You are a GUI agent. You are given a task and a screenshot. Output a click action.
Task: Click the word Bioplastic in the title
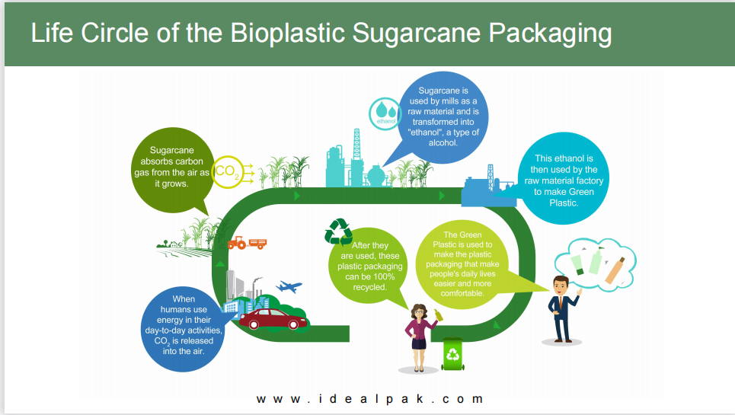tap(287, 34)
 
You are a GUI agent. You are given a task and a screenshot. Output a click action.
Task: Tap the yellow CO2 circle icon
tap(228, 172)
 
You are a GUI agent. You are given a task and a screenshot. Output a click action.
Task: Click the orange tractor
tap(247, 243)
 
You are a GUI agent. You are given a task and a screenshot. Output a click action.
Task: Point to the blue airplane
tap(289, 286)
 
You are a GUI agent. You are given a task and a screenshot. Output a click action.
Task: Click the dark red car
tap(273, 318)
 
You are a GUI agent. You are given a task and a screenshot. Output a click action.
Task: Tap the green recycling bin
tap(453, 353)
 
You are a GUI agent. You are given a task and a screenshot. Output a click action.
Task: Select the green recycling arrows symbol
tap(338, 231)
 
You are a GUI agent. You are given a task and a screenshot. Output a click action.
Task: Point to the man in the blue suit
tap(563, 309)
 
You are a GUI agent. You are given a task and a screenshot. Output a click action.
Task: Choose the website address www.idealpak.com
tap(369, 399)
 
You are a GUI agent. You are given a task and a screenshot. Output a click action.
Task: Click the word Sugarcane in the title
tap(417, 34)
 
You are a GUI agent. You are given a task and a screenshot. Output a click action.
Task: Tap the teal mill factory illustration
tap(356, 161)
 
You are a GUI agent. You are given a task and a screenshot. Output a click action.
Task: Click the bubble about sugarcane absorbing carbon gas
tap(172, 171)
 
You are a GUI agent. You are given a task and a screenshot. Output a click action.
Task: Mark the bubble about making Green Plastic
tap(563, 178)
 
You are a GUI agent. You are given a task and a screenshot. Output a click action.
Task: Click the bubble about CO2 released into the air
tap(184, 329)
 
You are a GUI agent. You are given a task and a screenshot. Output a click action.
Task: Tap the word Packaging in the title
tap(551, 34)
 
